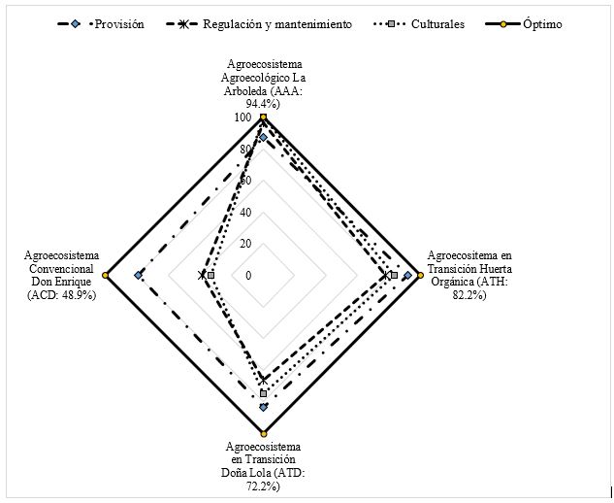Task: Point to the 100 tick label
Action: [242, 117]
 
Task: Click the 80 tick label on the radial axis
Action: [245, 150]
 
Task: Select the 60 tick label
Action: [245, 181]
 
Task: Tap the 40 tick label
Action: [245, 213]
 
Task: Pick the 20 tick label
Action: [245, 244]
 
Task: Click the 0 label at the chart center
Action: [248, 276]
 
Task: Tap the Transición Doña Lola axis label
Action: [263, 465]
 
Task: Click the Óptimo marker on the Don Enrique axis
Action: [106, 276]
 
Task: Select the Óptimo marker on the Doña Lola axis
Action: [263, 433]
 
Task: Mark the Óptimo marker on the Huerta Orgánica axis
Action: [420, 276]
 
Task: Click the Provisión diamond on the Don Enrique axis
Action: [139, 276]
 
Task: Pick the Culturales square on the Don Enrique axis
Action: [210, 276]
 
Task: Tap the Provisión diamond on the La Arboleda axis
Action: [263, 137]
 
